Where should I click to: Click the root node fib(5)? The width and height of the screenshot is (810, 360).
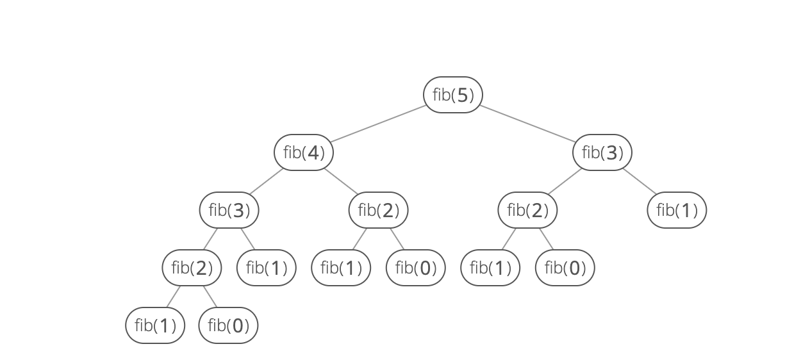(x=452, y=95)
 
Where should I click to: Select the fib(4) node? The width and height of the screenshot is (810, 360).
(x=304, y=152)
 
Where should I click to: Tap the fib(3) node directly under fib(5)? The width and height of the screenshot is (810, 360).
(x=602, y=152)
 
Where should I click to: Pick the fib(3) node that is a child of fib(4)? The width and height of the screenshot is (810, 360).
(x=229, y=210)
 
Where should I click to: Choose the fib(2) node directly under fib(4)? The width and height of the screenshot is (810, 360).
(x=378, y=210)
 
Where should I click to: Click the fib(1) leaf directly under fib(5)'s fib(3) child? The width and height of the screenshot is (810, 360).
(x=677, y=210)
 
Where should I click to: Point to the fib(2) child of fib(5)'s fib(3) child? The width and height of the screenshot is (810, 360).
(x=527, y=210)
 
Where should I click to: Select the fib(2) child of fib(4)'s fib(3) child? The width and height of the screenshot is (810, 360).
(x=192, y=268)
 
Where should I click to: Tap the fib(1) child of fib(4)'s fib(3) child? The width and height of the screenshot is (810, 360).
(x=266, y=268)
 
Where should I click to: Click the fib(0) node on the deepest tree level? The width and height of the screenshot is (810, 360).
(x=228, y=325)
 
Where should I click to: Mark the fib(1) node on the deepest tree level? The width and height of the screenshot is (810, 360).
(x=155, y=325)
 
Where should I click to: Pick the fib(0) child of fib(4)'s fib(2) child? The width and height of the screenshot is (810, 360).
(x=415, y=268)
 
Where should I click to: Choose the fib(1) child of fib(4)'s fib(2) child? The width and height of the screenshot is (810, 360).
(x=341, y=268)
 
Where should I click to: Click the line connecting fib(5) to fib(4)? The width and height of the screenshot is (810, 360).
(x=378, y=124)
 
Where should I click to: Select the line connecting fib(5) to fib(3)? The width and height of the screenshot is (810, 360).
(x=527, y=124)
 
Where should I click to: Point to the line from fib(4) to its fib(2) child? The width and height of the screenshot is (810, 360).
(x=341, y=181)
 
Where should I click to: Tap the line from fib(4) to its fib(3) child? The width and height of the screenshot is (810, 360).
(x=266, y=181)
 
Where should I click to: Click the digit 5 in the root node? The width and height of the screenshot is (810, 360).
(x=463, y=95)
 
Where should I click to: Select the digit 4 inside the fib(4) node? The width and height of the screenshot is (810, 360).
(x=313, y=153)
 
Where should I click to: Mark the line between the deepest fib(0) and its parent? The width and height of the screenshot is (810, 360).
(x=210, y=297)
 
